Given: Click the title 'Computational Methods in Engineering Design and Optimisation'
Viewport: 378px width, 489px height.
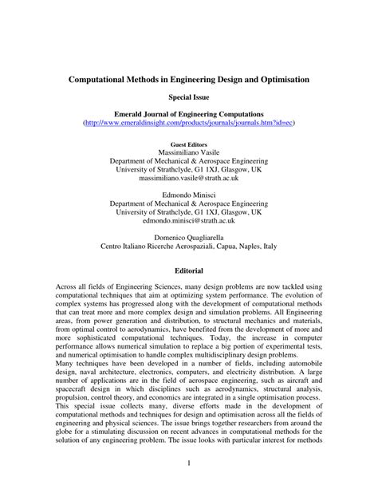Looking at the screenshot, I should [188, 81].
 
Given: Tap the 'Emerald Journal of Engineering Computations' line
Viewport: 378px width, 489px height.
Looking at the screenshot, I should [188, 116].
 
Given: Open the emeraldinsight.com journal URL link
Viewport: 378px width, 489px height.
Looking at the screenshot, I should [188, 124].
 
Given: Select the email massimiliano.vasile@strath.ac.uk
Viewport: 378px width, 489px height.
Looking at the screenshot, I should [188, 179].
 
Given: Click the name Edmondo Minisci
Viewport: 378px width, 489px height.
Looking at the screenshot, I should [188, 195].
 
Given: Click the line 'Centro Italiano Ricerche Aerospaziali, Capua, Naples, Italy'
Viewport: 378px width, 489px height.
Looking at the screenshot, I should [188, 248].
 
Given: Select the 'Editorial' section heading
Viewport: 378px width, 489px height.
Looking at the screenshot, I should [188, 271].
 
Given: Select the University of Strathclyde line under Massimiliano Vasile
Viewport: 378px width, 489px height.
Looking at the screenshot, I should [188, 170].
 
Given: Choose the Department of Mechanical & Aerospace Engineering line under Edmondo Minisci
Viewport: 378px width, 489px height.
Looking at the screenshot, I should [188, 205].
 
